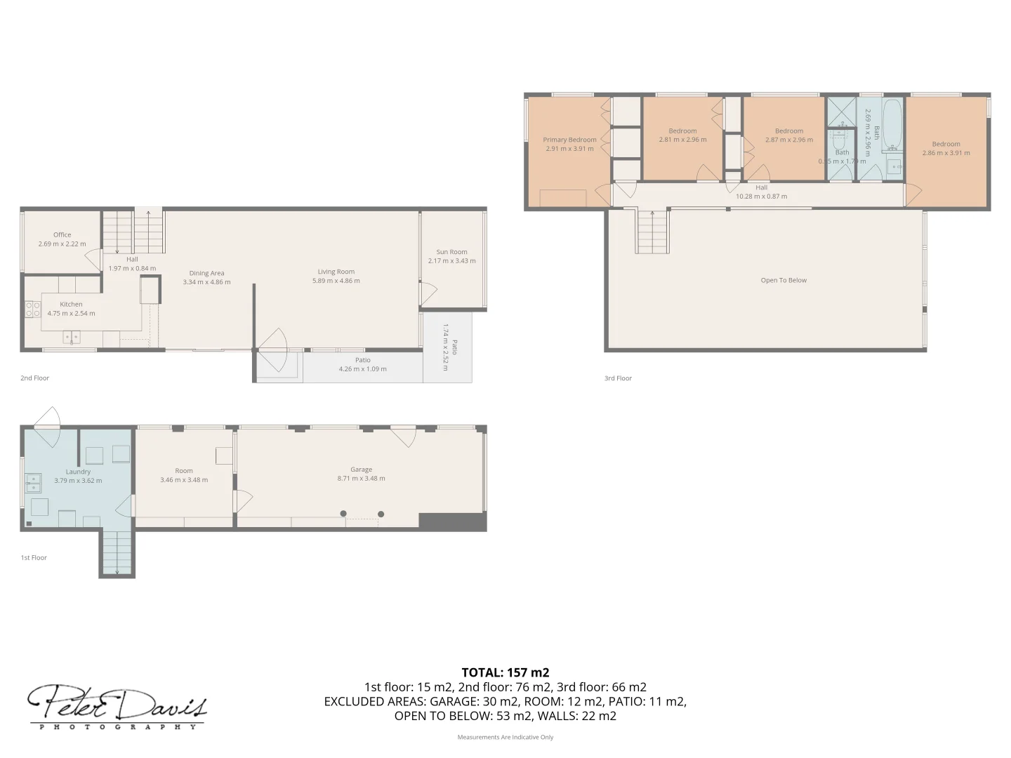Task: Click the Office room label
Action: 62,235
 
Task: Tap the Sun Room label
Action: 451,252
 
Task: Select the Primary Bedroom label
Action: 569,140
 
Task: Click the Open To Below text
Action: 784,280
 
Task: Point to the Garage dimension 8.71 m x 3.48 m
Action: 361,479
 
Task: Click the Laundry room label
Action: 78,472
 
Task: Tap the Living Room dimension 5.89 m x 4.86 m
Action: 336,281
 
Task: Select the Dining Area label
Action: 206,273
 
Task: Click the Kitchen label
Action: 71,305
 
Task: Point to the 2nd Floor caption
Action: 35,378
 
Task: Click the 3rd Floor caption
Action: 618,378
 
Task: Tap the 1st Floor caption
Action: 34,558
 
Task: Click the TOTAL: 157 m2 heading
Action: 505,672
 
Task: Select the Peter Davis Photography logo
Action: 117,706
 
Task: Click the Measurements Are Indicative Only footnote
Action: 505,737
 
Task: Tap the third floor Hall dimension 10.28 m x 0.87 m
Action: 761,197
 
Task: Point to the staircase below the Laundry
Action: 117,553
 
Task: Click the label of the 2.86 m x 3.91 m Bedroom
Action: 946,144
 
